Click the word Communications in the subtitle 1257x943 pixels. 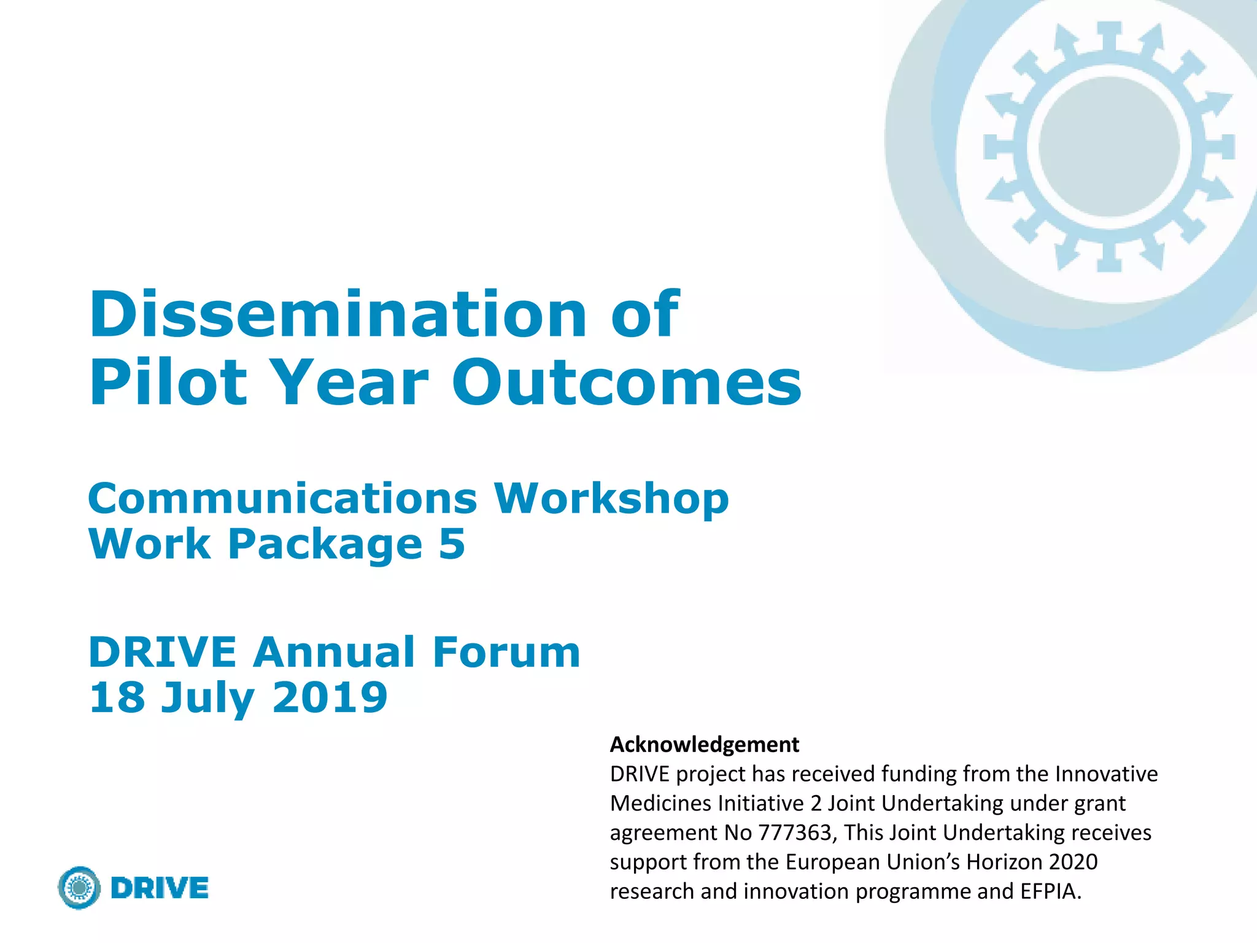(x=282, y=498)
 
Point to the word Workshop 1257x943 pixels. (x=612, y=499)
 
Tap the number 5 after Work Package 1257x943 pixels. (x=452, y=544)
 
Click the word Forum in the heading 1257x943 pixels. (x=506, y=652)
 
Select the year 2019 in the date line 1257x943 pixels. (x=330, y=697)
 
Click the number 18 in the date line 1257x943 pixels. (x=117, y=697)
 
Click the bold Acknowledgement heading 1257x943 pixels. (x=704, y=745)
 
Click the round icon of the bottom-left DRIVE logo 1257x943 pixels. (x=79, y=888)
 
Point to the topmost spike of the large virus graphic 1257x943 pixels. (x=1109, y=34)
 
